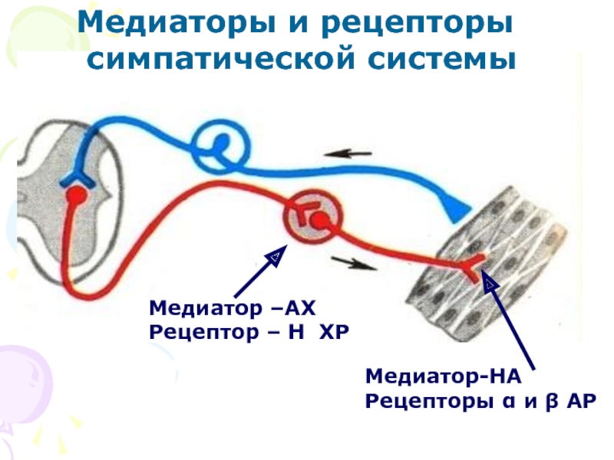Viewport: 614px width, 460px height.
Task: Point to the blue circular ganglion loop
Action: tap(221, 146)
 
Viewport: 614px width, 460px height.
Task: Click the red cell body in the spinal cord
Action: tap(75, 195)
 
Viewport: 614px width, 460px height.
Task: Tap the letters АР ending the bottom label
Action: tap(580, 400)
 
